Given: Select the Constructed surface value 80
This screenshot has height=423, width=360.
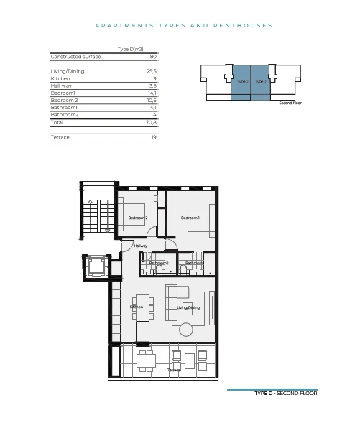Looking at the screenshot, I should coord(153,56).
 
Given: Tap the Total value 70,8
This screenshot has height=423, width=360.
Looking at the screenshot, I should coord(151,123).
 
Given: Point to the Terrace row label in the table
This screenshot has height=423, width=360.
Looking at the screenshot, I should coord(60,136).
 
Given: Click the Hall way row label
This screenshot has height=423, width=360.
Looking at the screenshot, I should coord(62,85).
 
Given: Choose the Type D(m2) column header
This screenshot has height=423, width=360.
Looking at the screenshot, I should coord(130,49).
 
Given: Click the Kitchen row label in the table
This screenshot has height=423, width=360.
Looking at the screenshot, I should coord(60,78).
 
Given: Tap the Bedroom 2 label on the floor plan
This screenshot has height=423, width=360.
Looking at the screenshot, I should coord(138,218).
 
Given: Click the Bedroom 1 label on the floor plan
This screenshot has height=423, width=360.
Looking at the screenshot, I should coord(190,218).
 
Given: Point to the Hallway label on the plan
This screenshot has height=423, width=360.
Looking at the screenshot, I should coord(141,246).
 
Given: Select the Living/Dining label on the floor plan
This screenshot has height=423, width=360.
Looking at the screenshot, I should coord(188,307).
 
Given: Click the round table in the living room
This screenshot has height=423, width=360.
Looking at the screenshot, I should coord(186,330).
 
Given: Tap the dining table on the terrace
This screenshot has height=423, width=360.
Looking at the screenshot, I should coord(147,359).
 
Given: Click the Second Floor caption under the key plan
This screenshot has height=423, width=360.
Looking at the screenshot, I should coord(290,103).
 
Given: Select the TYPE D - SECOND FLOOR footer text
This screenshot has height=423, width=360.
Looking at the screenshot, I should coord(285,394).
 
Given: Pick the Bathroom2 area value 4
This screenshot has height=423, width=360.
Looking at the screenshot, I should coord(154,115).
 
